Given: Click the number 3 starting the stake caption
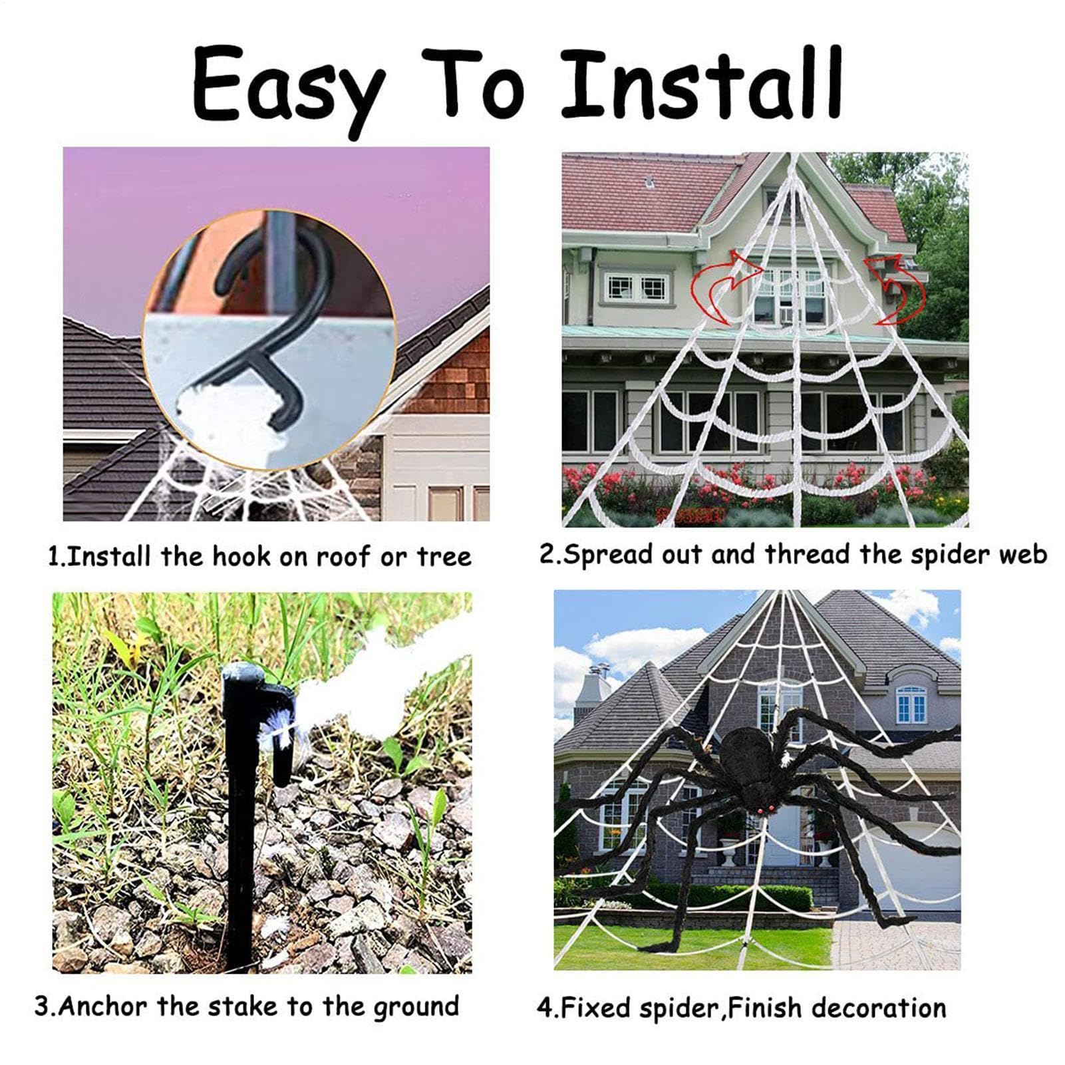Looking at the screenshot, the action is [x=42, y=1006].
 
